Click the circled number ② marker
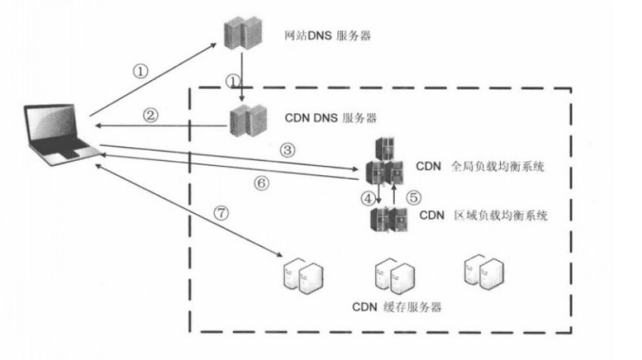click(150, 115)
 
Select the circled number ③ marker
click(286, 149)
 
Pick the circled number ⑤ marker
click(412, 197)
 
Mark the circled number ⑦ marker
click(221, 213)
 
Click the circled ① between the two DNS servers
click(233, 78)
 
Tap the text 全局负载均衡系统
click(497, 167)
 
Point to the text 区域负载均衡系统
click(499, 215)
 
